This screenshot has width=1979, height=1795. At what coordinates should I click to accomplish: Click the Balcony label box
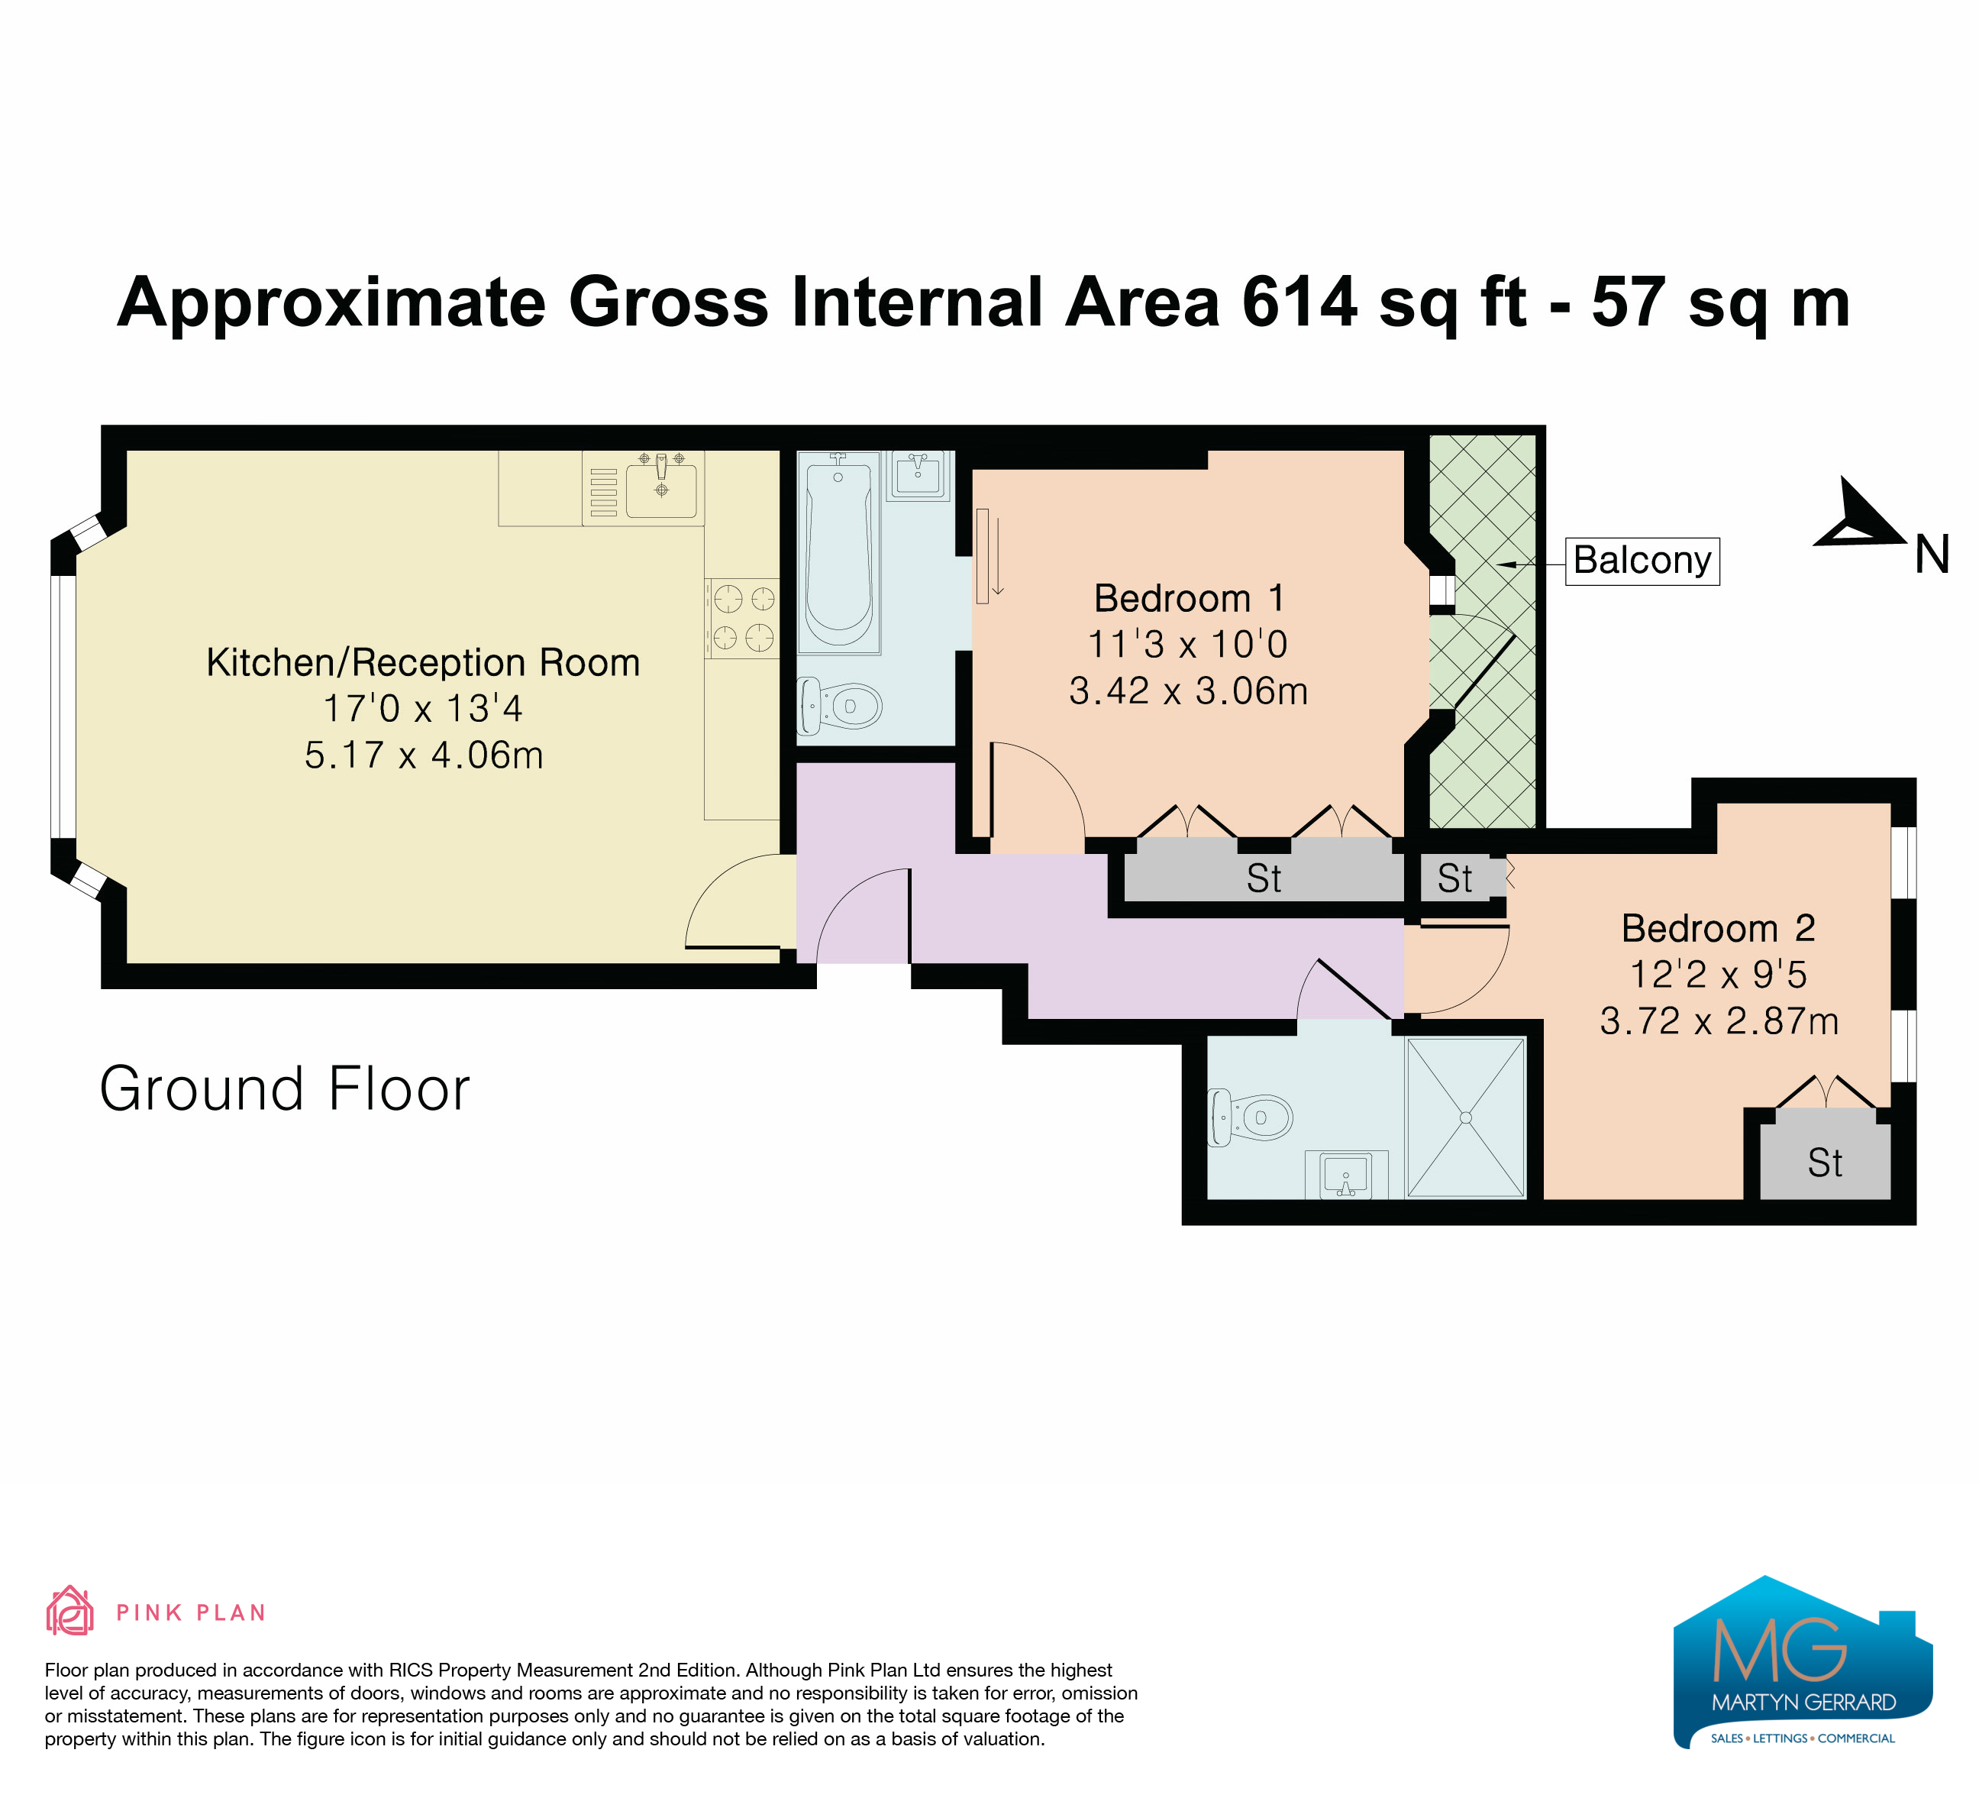1642,561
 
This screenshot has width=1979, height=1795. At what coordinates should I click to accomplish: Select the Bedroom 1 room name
1189,598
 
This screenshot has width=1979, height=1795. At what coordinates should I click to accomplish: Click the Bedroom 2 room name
1718,928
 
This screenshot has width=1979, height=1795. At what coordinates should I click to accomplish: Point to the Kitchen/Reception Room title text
423,663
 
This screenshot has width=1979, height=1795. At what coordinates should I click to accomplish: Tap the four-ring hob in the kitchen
742,618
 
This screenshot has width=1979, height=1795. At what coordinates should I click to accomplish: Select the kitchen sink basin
662,488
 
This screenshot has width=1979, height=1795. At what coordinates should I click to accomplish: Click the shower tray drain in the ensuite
1466,1117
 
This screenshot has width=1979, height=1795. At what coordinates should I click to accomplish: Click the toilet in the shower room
1250,1117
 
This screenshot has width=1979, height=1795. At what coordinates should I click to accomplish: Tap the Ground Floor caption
285,1089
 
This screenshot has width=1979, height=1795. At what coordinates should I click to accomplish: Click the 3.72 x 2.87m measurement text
1719,1021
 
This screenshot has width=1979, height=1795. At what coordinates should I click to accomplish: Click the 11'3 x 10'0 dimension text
1188,644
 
